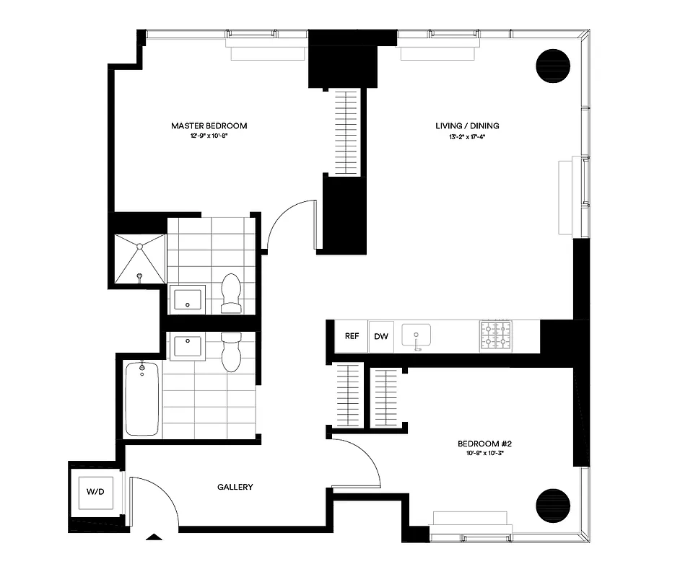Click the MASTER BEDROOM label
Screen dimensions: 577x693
point(209,125)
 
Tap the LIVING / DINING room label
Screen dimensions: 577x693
point(466,125)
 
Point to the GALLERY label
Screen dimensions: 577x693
point(235,487)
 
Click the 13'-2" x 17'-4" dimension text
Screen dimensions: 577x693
point(466,136)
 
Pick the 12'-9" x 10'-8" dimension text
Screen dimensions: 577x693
point(209,136)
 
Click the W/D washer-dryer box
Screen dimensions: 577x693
point(95,493)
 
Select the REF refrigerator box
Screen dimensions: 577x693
point(352,336)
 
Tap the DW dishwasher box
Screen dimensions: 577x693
point(381,336)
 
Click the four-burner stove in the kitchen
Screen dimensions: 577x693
point(495,336)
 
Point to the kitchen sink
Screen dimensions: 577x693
point(417,336)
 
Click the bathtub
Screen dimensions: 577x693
point(142,399)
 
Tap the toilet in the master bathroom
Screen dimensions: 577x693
point(231,294)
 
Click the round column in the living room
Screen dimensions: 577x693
point(553,66)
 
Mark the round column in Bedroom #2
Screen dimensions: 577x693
point(553,503)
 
